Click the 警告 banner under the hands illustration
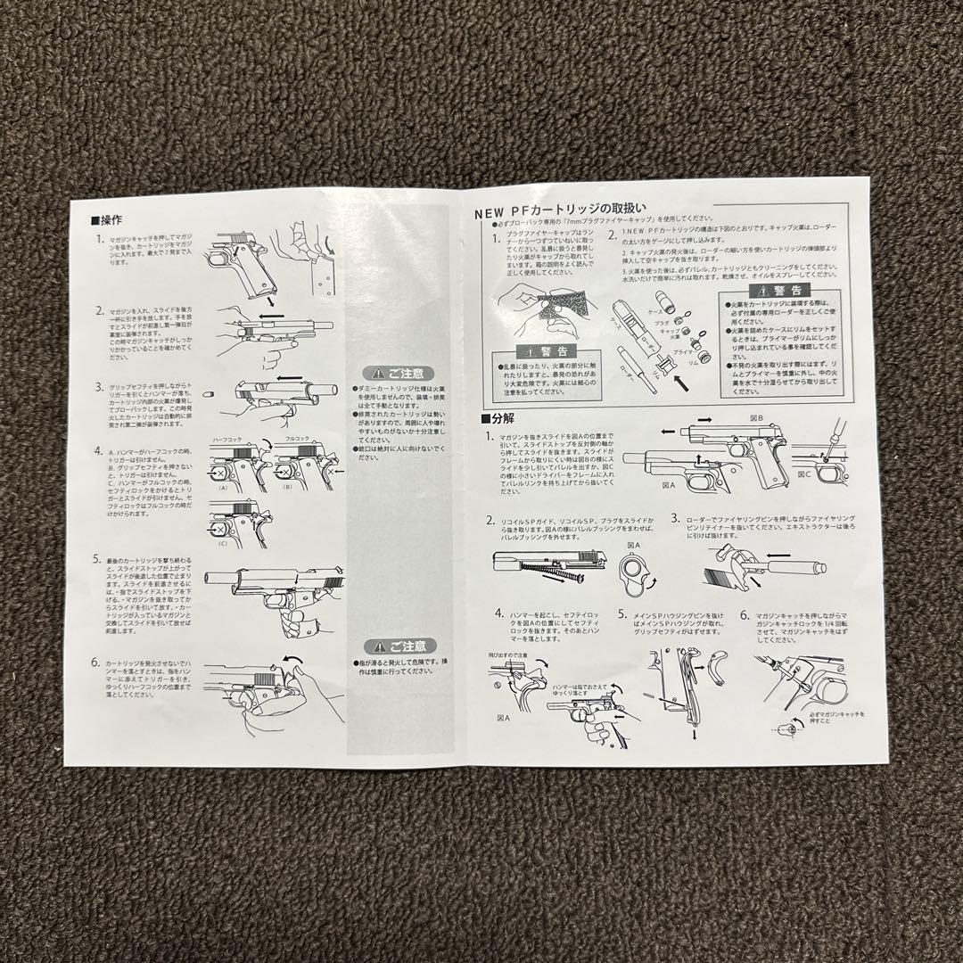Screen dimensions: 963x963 (533, 350)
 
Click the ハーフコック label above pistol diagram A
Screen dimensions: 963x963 (228, 440)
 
